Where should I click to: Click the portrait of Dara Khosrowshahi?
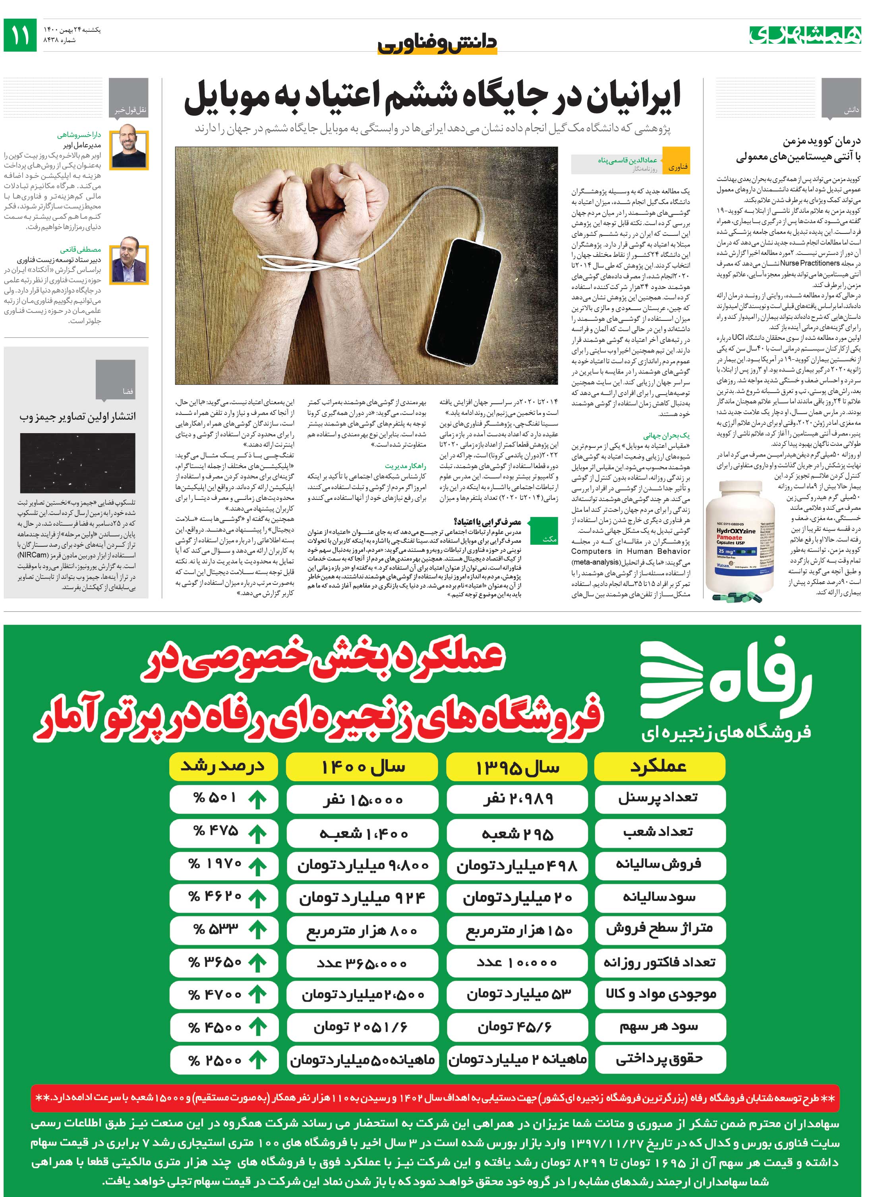pyautogui.click(x=130, y=146)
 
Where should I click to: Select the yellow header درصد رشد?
pyautogui.click(x=223, y=766)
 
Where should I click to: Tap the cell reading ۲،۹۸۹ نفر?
pyautogui.click(x=517, y=800)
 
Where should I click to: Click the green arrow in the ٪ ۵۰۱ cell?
pyautogui.click(x=258, y=800)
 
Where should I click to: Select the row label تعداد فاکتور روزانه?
pyautogui.click(x=659, y=962)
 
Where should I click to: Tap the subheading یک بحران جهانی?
pyautogui.click(x=666, y=436)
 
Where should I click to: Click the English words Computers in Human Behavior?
pyautogui.click(x=630, y=551)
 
